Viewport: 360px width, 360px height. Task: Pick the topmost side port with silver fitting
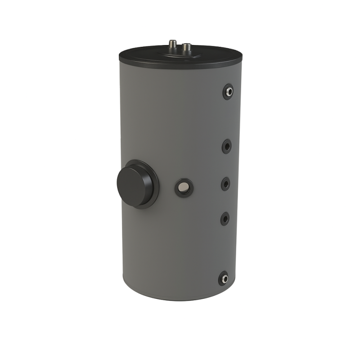(228, 92)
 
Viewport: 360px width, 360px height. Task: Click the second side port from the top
(226, 146)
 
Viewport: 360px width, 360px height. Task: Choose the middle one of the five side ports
(225, 184)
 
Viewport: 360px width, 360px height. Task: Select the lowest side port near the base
(224, 279)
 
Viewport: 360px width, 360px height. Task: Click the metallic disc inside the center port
(184, 187)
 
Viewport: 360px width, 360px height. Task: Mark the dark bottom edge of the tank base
(180, 299)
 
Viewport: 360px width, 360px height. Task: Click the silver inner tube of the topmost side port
(229, 92)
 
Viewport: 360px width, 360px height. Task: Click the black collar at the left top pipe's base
(172, 51)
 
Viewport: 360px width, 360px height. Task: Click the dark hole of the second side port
(227, 146)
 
